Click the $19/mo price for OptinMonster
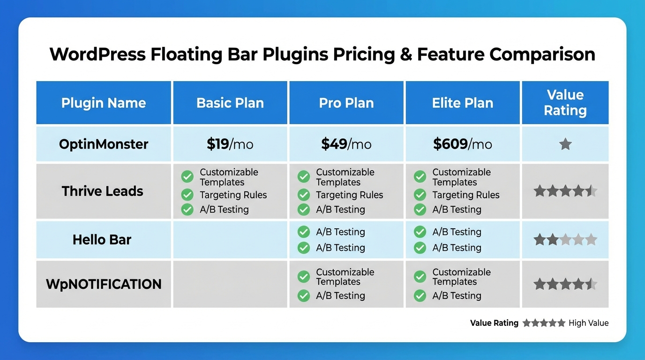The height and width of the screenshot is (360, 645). pos(230,144)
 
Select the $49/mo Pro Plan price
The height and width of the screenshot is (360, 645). pos(346,144)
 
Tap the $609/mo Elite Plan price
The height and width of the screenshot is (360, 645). pos(462,144)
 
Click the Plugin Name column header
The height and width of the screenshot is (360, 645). pos(104,103)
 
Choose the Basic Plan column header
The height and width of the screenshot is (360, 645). pos(230,103)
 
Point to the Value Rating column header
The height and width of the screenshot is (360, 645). pos(565,103)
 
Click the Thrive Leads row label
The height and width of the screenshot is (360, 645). pos(103,191)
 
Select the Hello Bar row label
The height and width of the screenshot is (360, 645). pos(102,240)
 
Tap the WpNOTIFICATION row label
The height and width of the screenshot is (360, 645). pos(104,284)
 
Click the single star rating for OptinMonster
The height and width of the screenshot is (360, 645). pos(565,144)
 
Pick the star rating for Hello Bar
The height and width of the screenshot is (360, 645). pos(565,240)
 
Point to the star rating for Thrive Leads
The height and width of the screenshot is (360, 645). pos(565,191)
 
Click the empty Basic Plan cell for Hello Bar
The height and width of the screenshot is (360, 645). pos(230,240)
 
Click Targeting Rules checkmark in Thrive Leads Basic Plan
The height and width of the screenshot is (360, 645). pos(187,195)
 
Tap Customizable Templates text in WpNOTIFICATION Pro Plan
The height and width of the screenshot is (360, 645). pos(345,277)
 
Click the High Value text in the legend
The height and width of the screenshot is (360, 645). pos(588,323)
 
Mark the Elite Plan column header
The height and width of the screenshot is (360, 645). pos(462,103)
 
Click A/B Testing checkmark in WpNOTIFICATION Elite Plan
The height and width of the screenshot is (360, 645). pos(420,296)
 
